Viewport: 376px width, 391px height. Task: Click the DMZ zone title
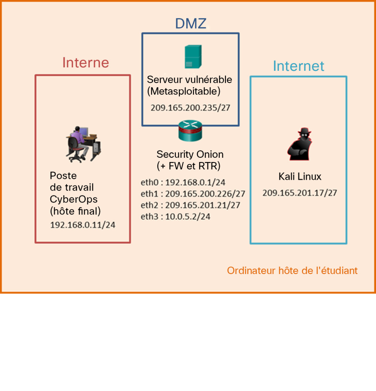[191, 23]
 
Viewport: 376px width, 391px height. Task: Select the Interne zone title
[85, 62]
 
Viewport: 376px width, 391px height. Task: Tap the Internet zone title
[298, 66]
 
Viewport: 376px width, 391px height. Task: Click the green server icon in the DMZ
[192, 57]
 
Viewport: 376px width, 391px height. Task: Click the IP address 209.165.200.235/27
[190, 107]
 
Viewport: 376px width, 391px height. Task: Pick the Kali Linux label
[300, 177]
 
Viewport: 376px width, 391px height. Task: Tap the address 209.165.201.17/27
[300, 193]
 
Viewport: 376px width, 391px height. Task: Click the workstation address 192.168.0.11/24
[83, 225]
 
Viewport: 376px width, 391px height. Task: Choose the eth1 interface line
[193, 194]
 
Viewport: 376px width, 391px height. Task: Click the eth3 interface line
[175, 217]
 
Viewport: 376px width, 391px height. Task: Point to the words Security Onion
[190, 154]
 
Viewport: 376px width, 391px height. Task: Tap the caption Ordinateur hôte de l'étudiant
[292, 271]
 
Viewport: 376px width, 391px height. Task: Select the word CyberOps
[74, 199]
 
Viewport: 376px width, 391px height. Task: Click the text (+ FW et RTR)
[189, 166]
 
